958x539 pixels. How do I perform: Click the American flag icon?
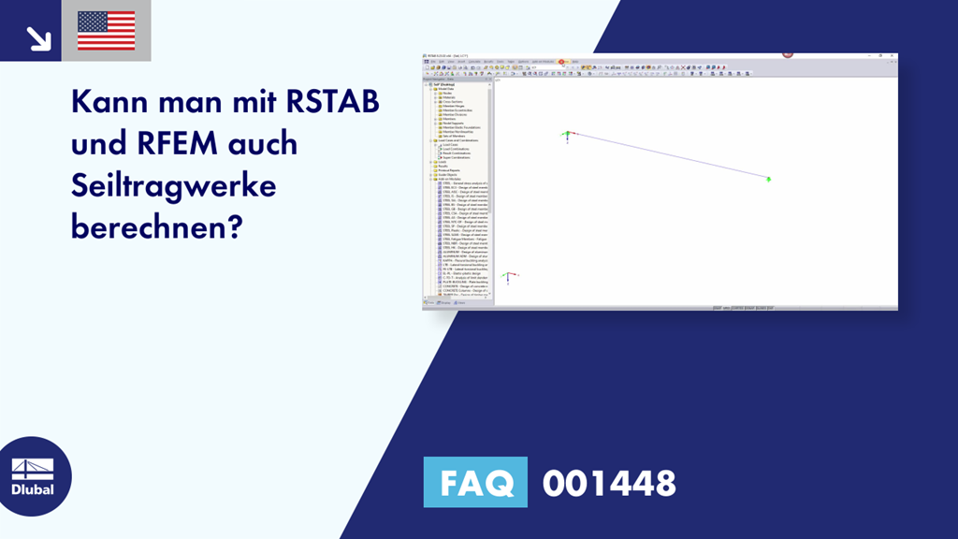tap(106, 31)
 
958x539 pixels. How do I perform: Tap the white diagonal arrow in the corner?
tap(37, 36)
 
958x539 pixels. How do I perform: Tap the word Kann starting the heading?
tap(110, 100)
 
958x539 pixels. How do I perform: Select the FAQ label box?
tap(475, 483)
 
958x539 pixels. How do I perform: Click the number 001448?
tap(609, 483)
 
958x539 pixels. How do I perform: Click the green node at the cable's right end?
tap(769, 179)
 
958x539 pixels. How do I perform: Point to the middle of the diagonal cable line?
tap(668, 156)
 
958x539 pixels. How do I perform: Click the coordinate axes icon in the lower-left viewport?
tap(507, 277)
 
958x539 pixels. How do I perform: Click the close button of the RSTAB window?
tap(893, 55)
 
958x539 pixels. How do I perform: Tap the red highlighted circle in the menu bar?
tap(561, 62)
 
